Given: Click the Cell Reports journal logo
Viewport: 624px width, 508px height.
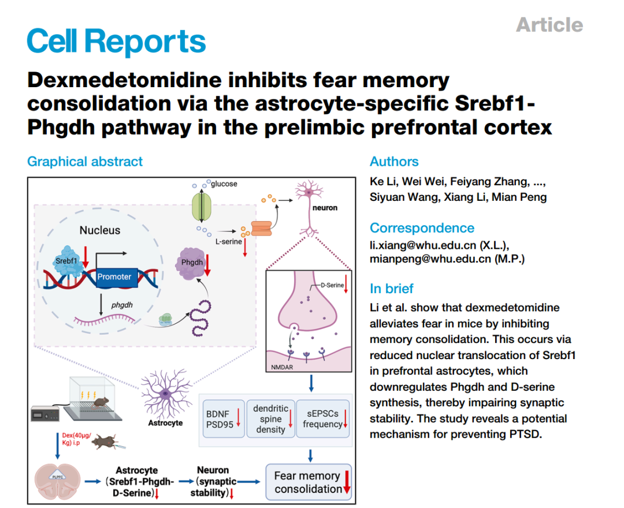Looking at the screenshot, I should tap(116, 41).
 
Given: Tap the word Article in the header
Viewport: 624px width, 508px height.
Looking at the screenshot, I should tap(549, 25).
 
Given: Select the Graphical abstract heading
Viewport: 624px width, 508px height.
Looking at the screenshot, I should tap(85, 162).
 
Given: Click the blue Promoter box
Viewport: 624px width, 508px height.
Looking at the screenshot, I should tap(114, 277).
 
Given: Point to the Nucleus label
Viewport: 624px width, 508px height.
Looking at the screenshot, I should tap(100, 230).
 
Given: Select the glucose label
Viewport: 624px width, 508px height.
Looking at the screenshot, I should tap(224, 184).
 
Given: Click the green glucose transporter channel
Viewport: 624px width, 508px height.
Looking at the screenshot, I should tap(202, 206).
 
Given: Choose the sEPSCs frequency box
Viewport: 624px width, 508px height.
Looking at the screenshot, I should tap(323, 419).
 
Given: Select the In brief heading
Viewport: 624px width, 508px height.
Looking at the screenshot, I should tap(392, 289).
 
